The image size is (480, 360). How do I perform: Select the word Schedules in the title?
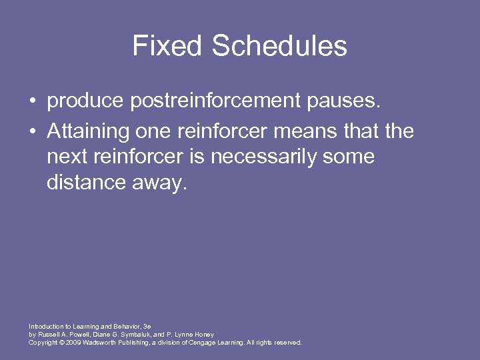[279, 47]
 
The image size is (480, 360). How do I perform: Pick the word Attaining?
[85, 131]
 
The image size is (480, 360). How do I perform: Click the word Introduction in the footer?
[46, 326]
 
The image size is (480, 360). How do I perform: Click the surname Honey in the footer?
[202, 334]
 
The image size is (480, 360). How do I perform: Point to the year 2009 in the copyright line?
[72, 342]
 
